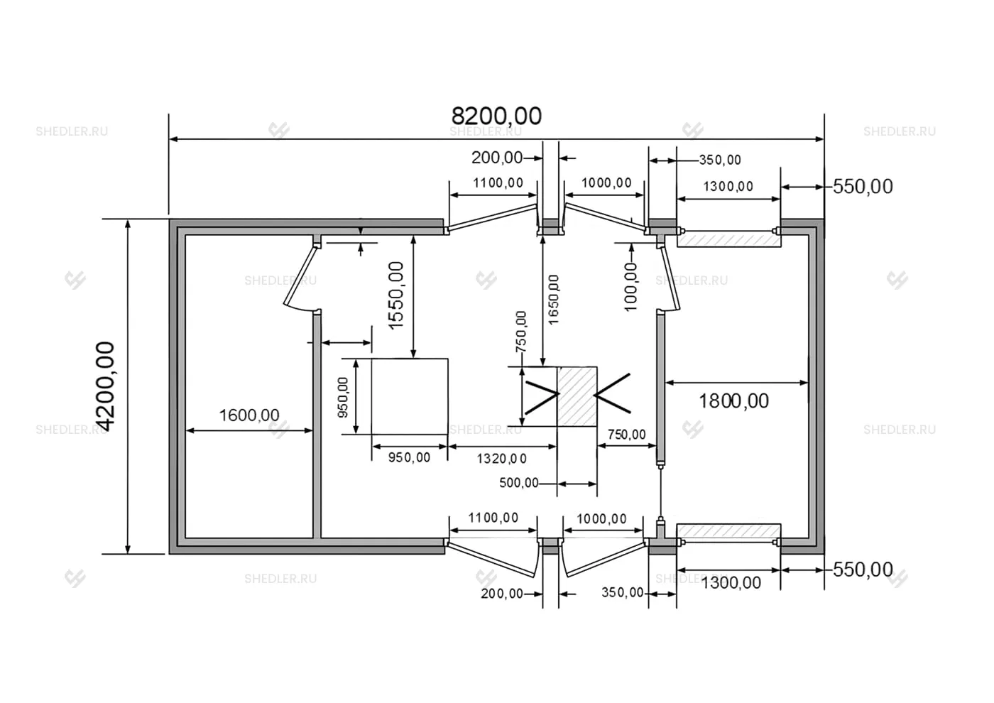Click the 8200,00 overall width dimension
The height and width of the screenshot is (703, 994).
coord(496,116)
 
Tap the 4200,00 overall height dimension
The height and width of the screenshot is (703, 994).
coord(105,386)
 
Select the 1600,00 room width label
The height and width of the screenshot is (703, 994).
coord(249,415)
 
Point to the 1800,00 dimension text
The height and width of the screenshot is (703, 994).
coord(733,401)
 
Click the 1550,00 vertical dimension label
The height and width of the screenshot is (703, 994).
coord(396,295)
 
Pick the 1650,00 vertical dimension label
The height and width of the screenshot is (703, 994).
coord(553,300)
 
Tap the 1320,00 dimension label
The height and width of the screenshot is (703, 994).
coord(501,459)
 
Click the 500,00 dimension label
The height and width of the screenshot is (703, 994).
coord(519,483)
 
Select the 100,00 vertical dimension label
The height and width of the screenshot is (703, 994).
coord(630,287)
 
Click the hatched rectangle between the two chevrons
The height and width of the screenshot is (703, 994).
coord(577,396)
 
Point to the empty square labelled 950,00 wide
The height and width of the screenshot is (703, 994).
coord(410,396)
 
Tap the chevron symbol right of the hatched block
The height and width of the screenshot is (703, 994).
coord(612,393)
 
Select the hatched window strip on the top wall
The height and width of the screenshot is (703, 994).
coord(728,240)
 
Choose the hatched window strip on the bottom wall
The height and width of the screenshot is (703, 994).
coord(728,530)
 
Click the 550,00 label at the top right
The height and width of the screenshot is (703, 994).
coord(863,187)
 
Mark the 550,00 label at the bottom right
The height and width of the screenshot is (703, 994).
coord(863,570)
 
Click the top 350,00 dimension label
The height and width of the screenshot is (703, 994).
coord(720,160)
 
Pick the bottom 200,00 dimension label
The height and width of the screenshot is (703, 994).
coord(502,594)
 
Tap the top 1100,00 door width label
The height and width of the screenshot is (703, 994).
coord(498,183)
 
